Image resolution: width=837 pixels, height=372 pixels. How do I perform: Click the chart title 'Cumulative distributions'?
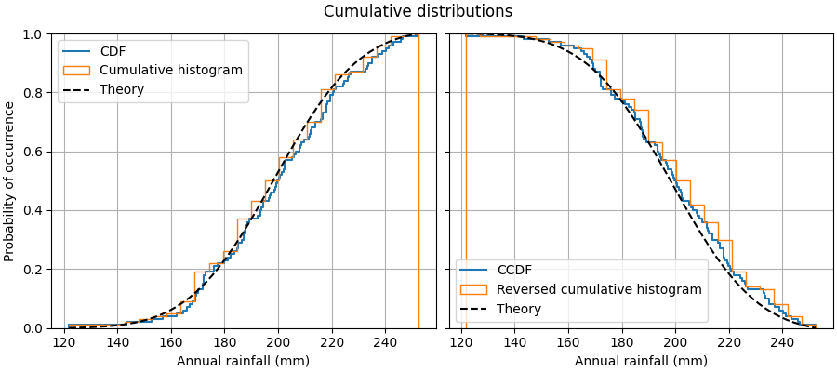click(x=418, y=11)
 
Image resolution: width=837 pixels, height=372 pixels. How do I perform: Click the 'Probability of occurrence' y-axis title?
click(x=9, y=181)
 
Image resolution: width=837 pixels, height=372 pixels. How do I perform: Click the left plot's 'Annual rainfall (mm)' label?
click(x=243, y=361)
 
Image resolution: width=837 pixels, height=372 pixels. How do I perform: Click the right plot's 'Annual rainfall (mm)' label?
click(x=641, y=361)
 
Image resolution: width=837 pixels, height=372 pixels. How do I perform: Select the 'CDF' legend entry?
click(x=113, y=51)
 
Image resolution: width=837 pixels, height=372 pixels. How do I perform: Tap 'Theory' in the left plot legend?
click(x=122, y=89)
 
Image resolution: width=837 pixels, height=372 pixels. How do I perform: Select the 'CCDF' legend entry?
click(x=514, y=271)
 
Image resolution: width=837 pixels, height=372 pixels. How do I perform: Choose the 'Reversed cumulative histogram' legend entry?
click(x=599, y=289)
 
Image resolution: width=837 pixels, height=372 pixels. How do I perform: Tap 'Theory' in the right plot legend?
click(x=519, y=309)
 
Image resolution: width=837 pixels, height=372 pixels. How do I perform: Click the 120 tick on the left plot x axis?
click(x=64, y=342)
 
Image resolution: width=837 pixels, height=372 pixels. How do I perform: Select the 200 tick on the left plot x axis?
click(x=278, y=342)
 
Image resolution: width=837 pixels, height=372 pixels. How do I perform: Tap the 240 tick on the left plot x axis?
click(x=385, y=342)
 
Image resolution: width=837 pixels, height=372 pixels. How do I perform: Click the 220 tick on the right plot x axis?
click(x=730, y=342)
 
